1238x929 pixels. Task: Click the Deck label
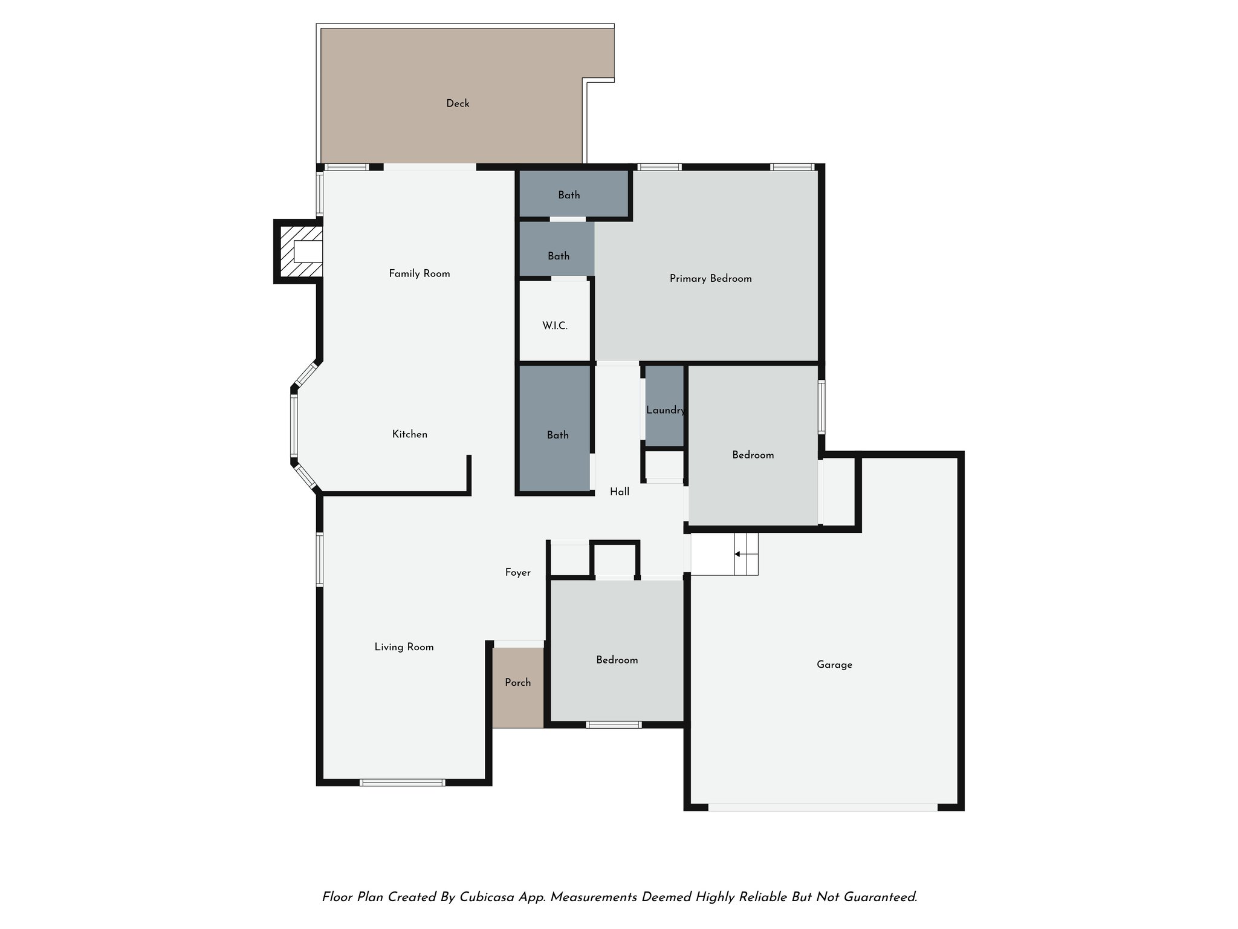[x=458, y=103]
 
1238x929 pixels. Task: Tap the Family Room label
[x=420, y=273]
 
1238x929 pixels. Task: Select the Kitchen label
[x=410, y=434]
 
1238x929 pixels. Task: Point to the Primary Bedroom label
[x=710, y=279]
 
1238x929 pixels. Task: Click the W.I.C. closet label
[x=554, y=326]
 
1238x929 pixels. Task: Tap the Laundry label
[x=665, y=410]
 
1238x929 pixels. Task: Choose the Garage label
[x=834, y=665]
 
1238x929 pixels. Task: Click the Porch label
[x=518, y=682]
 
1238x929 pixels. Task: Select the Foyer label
[x=518, y=572]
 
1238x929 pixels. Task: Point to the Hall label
[x=620, y=492]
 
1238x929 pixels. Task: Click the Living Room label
[x=404, y=647]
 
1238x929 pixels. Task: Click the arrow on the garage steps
[x=737, y=554]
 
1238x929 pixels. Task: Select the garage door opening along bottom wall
[x=822, y=807]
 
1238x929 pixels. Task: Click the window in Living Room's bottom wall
[x=402, y=783]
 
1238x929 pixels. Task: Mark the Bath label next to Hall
[x=557, y=435]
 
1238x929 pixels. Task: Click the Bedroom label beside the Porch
[x=617, y=660]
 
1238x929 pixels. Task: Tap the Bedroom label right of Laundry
[x=753, y=455]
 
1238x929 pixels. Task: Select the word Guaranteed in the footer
[x=880, y=897]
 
